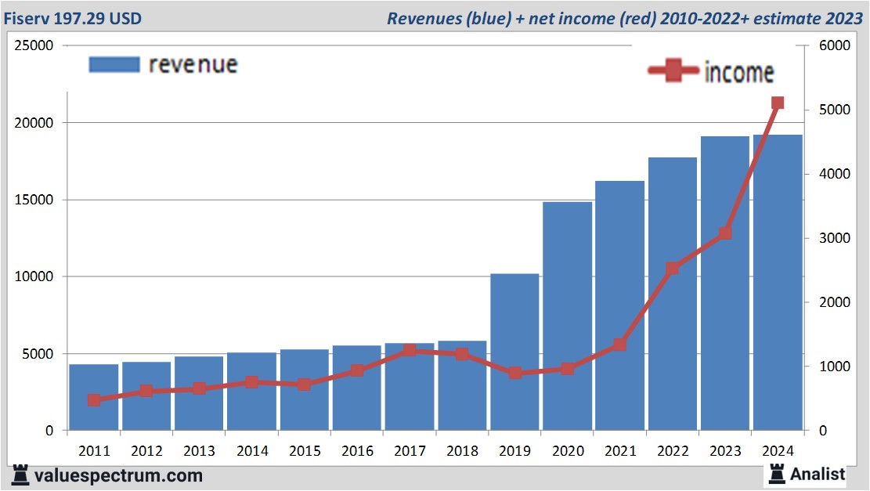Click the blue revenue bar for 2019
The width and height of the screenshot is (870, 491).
click(514, 352)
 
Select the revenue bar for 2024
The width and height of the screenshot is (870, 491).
click(778, 283)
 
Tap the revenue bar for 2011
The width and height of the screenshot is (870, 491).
click(94, 397)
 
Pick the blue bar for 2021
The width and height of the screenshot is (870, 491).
click(619, 305)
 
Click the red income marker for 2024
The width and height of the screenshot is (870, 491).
click(778, 103)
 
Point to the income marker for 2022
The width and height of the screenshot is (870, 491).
click(672, 269)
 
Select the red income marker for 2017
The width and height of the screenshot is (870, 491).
click(410, 351)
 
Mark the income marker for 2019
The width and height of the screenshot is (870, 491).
click(514, 373)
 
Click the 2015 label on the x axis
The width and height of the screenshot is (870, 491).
click(304, 451)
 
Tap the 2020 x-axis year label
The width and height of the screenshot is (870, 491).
click(567, 451)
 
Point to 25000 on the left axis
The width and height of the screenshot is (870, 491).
click(34, 46)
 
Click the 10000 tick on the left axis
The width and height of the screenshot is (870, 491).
click(34, 277)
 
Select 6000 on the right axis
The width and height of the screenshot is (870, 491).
click(835, 46)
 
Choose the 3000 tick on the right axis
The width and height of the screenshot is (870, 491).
click(835, 238)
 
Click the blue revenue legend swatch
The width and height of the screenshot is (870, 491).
click(114, 64)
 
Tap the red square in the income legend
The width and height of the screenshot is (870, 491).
click(673, 72)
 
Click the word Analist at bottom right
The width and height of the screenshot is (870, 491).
click(818, 474)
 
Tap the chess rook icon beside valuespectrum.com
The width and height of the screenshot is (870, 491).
click(21, 475)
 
